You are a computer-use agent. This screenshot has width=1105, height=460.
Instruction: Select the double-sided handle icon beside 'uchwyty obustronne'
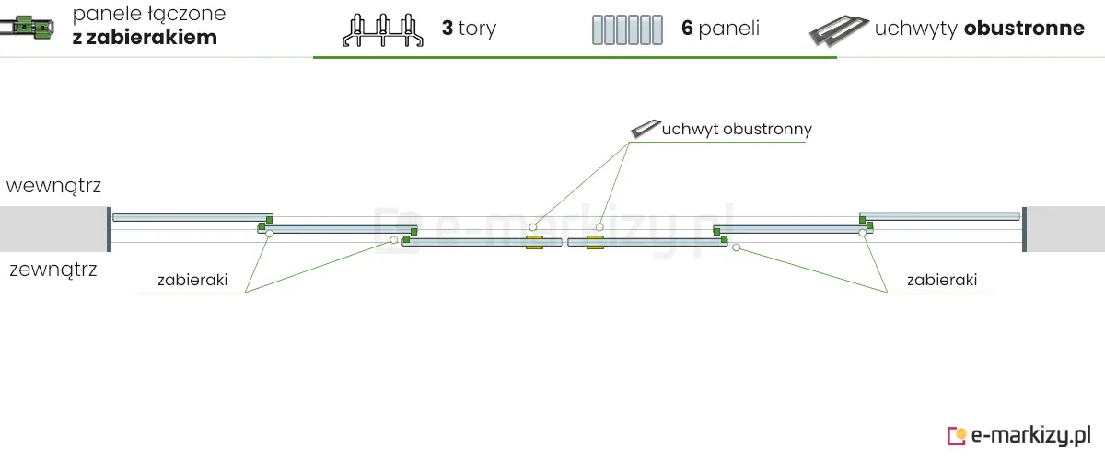[x=839, y=30]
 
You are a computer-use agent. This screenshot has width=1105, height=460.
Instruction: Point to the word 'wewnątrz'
[x=53, y=186]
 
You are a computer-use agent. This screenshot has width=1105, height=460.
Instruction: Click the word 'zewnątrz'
[x=52, y=270]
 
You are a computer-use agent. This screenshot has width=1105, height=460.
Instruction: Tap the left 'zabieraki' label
[x=192, y=280]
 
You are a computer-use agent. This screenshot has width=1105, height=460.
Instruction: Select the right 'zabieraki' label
[x=941, y=280]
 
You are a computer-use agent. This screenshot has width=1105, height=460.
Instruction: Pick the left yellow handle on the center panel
[x=534, y=242]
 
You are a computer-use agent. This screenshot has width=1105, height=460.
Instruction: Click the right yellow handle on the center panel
[x=595, y=242]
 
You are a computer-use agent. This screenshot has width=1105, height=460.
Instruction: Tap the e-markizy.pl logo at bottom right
[x=1019, y=434]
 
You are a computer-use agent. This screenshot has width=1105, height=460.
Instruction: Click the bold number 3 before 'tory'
[x=447, y=29]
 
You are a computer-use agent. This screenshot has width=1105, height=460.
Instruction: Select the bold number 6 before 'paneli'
[x=687, y=29]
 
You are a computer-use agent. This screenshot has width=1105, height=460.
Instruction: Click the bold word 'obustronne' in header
[x=1024, y=29]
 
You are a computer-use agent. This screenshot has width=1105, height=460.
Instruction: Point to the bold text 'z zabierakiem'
[x=145, y=39]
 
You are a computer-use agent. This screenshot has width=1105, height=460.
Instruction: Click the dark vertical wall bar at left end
[x=109, y=228]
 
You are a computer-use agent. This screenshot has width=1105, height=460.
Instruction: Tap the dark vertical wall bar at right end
[x=1024, y=228]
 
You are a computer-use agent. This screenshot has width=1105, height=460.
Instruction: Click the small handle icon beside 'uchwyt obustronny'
[x=645, y=129]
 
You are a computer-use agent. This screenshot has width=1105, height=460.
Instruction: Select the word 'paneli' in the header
[x=729, y=29]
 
